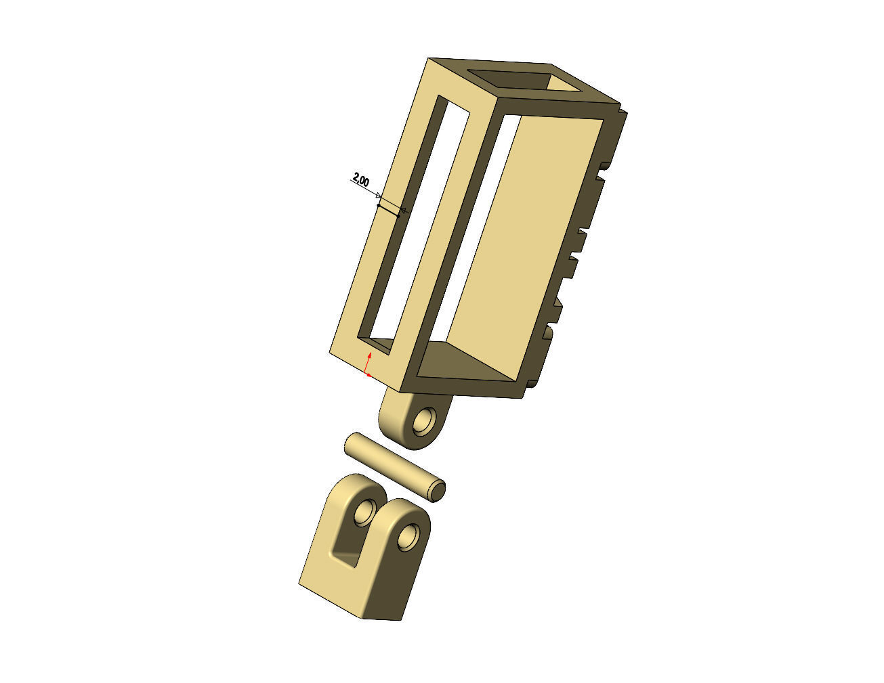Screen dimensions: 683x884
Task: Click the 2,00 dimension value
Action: [360, 181]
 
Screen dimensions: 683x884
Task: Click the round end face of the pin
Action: [438, 490]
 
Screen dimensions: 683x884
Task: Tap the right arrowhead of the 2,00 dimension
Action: [404, 211]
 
